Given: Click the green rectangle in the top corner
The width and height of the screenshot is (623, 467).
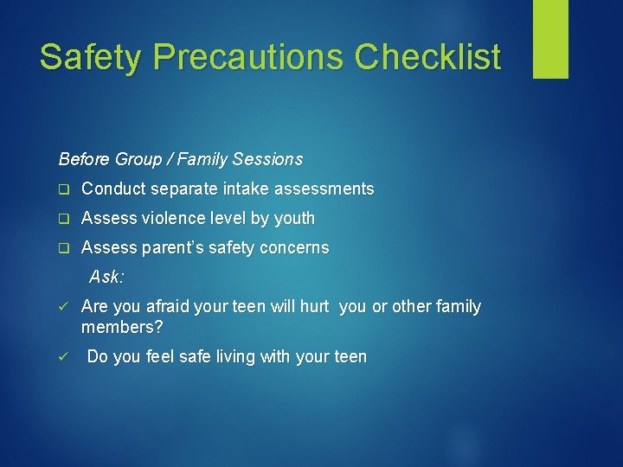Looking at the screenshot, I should [x=550, y=39].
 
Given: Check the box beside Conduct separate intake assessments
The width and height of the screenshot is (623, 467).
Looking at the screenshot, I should [x=62, y=189].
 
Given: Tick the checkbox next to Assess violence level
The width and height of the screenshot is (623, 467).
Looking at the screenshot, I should [x=62, y=219].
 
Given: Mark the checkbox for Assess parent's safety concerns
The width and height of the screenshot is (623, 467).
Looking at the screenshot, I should [x=62, y=248].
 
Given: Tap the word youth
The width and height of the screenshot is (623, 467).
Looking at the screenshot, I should [x=294, y=218].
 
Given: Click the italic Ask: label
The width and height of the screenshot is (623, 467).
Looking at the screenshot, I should [x=107, y=277].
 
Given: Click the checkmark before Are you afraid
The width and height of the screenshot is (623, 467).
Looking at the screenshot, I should [x=62, y=307].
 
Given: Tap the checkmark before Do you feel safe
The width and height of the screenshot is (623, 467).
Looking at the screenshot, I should [x=62, y=357].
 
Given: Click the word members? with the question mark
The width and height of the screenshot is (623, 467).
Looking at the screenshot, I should [x=122, y=327].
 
